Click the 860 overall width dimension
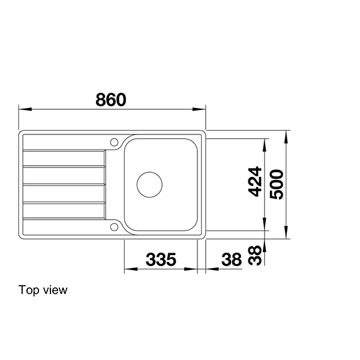point(111,100)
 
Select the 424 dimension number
point(255,181)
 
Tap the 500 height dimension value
point(276,181)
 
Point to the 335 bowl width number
point(161,260)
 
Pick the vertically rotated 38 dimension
point(255,255)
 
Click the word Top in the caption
point(28,290)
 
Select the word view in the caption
point(55,290)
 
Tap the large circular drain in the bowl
point(149,184)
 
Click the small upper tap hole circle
point(114,142)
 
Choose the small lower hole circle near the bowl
point(114,226)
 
